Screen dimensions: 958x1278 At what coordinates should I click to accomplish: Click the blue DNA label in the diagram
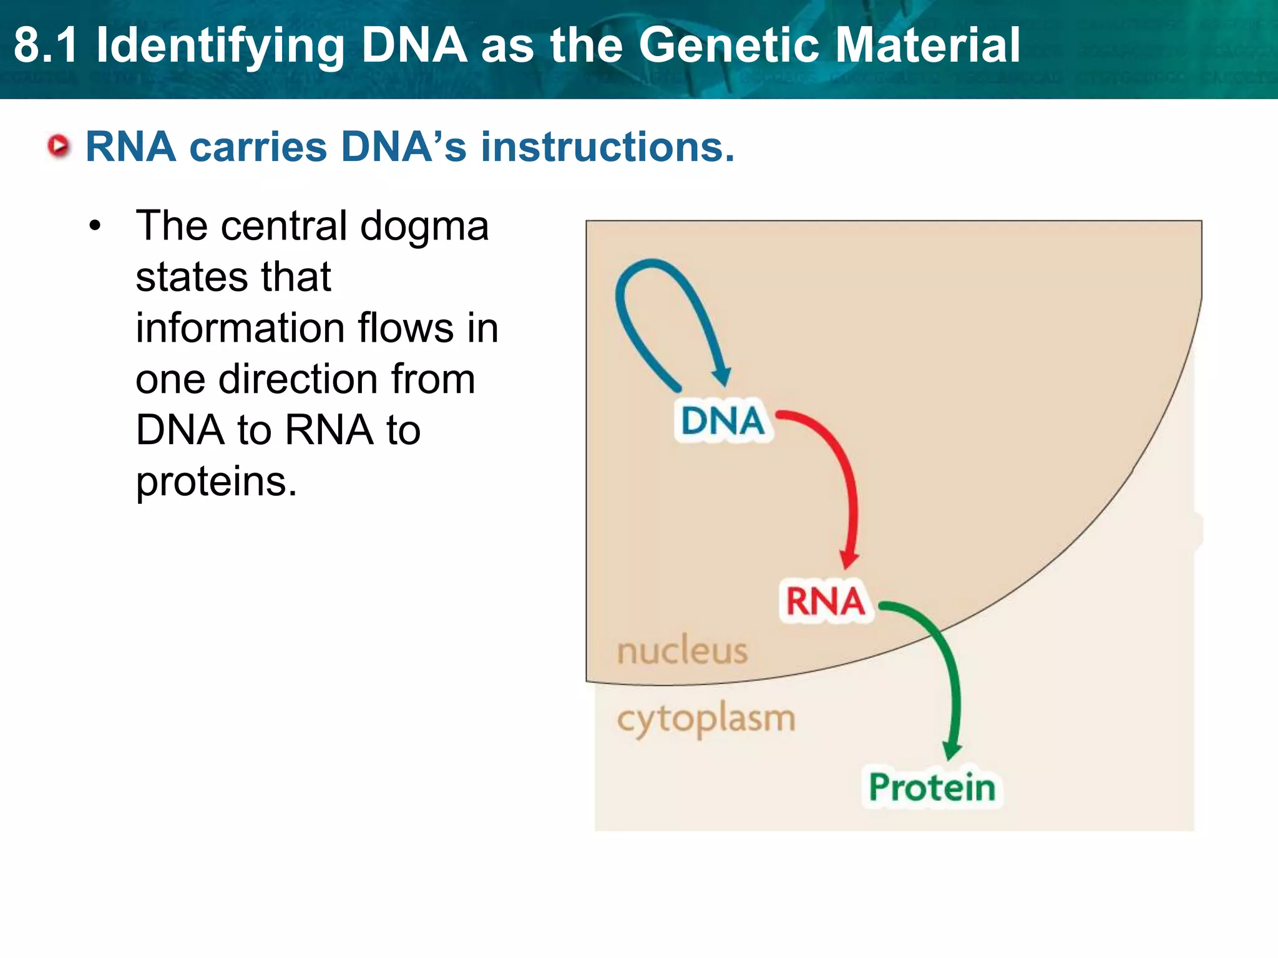[723, 420]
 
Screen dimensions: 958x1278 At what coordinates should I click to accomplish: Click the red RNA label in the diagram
[825, 601]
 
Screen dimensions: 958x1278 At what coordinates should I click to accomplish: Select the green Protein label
[932, 787]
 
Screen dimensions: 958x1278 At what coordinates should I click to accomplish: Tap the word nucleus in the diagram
[682, 651]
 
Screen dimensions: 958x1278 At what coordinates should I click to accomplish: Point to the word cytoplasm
[706, 720]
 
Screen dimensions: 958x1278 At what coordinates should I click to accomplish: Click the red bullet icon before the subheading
[59, 147]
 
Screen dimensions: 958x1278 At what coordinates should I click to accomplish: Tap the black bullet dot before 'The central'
[94, 227]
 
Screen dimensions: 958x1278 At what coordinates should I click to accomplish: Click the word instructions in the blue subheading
[607, 147]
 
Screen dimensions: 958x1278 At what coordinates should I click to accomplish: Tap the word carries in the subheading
[258, 147]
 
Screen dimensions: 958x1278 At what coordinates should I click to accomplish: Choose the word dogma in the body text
[424, 227]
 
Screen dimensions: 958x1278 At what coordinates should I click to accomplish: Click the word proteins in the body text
[216, 483]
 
